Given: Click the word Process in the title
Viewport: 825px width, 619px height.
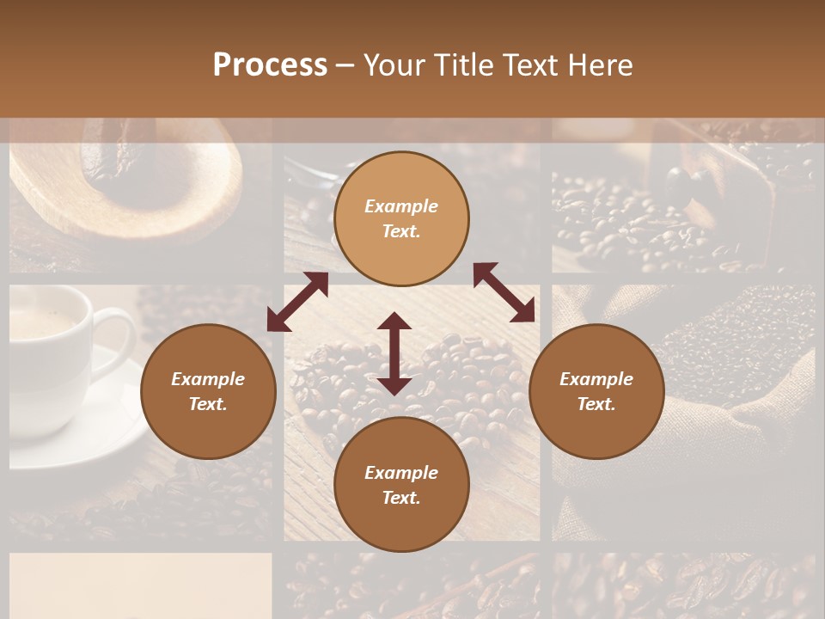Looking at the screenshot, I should pos(270,65).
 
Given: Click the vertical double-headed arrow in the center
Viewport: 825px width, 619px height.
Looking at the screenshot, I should pos(394,353).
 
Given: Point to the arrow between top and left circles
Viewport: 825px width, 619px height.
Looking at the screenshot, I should pos(297,302).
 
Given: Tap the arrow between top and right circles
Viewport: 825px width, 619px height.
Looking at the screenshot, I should pos(504,292).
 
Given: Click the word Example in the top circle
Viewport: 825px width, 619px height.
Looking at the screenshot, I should pos(401,206).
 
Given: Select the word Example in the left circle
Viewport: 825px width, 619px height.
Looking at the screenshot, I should pos(208,379).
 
